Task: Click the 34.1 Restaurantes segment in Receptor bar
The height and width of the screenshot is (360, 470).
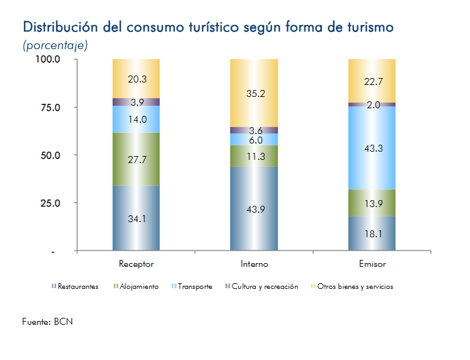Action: pos(136,218)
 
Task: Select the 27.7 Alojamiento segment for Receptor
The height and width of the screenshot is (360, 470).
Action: pos(136,159)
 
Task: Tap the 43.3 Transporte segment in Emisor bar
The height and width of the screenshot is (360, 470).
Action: pos(372,148)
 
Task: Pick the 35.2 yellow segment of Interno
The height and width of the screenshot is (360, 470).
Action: pos(254,93)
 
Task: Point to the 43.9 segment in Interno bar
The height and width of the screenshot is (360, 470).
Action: pos(254,208)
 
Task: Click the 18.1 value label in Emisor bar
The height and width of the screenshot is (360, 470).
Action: pos(372,233)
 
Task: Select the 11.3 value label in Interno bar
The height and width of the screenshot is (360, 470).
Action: pos(254,156)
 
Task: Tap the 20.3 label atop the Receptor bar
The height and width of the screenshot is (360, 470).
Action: pos(136,79)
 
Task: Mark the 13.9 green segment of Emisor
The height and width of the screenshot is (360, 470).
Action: pos(372,203)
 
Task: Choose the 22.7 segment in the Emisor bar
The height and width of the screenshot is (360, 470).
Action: pos(372,81)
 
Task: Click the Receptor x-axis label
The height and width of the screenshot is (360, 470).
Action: pos(136,264)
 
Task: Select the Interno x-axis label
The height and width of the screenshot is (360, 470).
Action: pos(254,264)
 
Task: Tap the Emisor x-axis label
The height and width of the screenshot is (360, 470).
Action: pos(372,264)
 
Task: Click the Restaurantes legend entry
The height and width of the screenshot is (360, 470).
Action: pos(76,287)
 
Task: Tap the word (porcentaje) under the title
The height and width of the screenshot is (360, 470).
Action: pos(55,45)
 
